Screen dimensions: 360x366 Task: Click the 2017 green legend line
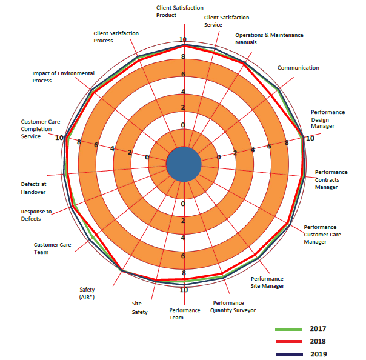pos(288,329)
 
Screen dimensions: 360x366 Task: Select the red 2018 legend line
pos(288,342)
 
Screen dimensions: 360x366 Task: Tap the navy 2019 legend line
pos(288,354)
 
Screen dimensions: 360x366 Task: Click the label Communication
pos(298,68)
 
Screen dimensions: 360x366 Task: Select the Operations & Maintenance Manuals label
pos(269,39)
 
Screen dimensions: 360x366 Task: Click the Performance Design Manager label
pos(328,119)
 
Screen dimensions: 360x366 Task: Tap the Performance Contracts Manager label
pos(331,179)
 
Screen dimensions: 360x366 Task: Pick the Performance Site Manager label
pos(267,282)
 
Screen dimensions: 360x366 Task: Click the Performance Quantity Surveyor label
pos(233,306)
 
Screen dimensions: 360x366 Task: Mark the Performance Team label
pos(185,313)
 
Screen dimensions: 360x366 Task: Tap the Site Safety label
pos(140,308)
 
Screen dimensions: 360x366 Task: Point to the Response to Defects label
pos(36,215)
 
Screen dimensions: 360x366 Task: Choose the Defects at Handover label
pos(33,188)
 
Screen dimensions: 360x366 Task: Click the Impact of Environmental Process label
pos(63,77)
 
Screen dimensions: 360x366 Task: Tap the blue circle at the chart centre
pos(184,164)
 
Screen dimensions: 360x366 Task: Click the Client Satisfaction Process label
pos(116,36)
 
